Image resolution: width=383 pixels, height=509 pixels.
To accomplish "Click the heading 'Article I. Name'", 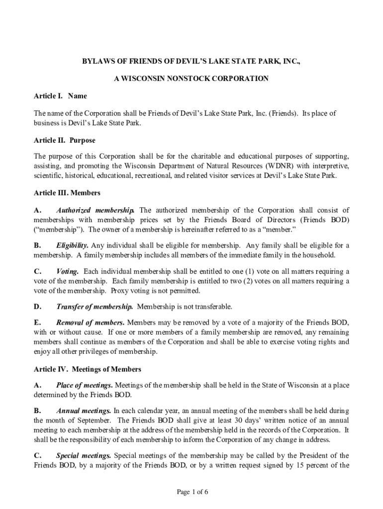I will (x=60, y=96).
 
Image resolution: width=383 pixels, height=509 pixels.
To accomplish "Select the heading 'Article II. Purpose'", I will (x=64, y=141).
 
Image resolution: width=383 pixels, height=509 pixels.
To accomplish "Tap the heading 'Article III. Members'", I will (x=67, y=192).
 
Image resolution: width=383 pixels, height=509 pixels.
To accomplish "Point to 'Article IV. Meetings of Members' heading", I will (x=87, y=369).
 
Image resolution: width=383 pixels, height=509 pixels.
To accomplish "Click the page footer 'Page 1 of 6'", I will (x=191, y=492).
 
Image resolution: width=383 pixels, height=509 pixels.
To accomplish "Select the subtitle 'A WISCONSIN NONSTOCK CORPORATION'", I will (x=191, y=79).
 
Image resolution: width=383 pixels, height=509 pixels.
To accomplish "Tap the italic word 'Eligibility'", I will (x=73, y=246).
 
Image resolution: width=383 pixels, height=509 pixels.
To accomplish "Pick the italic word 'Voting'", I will (x=68, y=271).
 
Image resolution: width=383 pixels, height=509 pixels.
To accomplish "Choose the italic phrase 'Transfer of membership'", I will (x=95, y=306).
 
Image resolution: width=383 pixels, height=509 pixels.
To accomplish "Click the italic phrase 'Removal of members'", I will (x=90, y=322).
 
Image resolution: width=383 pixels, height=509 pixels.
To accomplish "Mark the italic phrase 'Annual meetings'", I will (x=84, y=411).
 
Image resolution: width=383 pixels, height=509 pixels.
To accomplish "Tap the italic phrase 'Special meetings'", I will (x=84, y=455).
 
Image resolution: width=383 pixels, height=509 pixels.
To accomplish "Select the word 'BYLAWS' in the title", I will (x=98, y=61).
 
